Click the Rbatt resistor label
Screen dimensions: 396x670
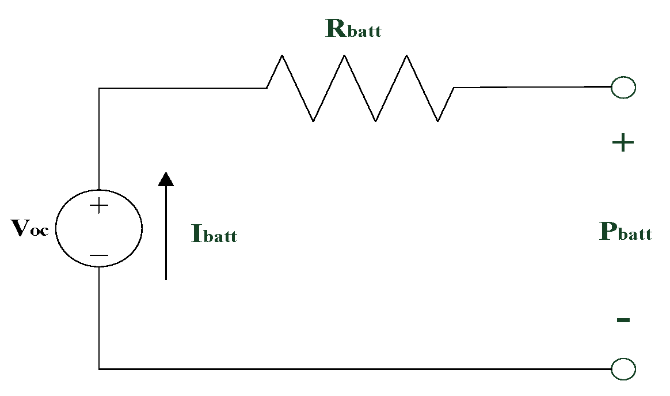pyautogui.click(x=353, y=29)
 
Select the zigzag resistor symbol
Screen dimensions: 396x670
pyautogui.click(x=360, y=88)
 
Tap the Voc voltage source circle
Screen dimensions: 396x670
pyautogui.click(x=99, y=229)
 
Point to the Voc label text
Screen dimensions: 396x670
pyautogui.click(x=30, y=229)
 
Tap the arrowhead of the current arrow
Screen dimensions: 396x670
pyautogui.click(x=166, y=179)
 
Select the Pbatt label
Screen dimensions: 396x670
pyautogui.click(x=625, y=232)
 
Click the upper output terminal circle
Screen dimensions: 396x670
pyautogui.click(x=623, y=88)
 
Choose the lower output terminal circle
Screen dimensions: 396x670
pyautogui.click(x=623, y=369)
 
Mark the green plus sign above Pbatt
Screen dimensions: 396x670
pyautogui.click(x=622, y=143)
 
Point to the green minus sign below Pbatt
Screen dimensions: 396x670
pyautogui.click(x=623, y=320)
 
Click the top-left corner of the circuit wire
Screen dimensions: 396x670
pyautogui.click(x=99, y=88)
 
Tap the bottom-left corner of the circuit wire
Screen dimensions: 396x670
pyautogui.click(x=99, y=369)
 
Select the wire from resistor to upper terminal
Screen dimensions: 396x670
pyautogui.click(x=532, y=87)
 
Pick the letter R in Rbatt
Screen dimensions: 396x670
pyautogui.click(x=336, y=28)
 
